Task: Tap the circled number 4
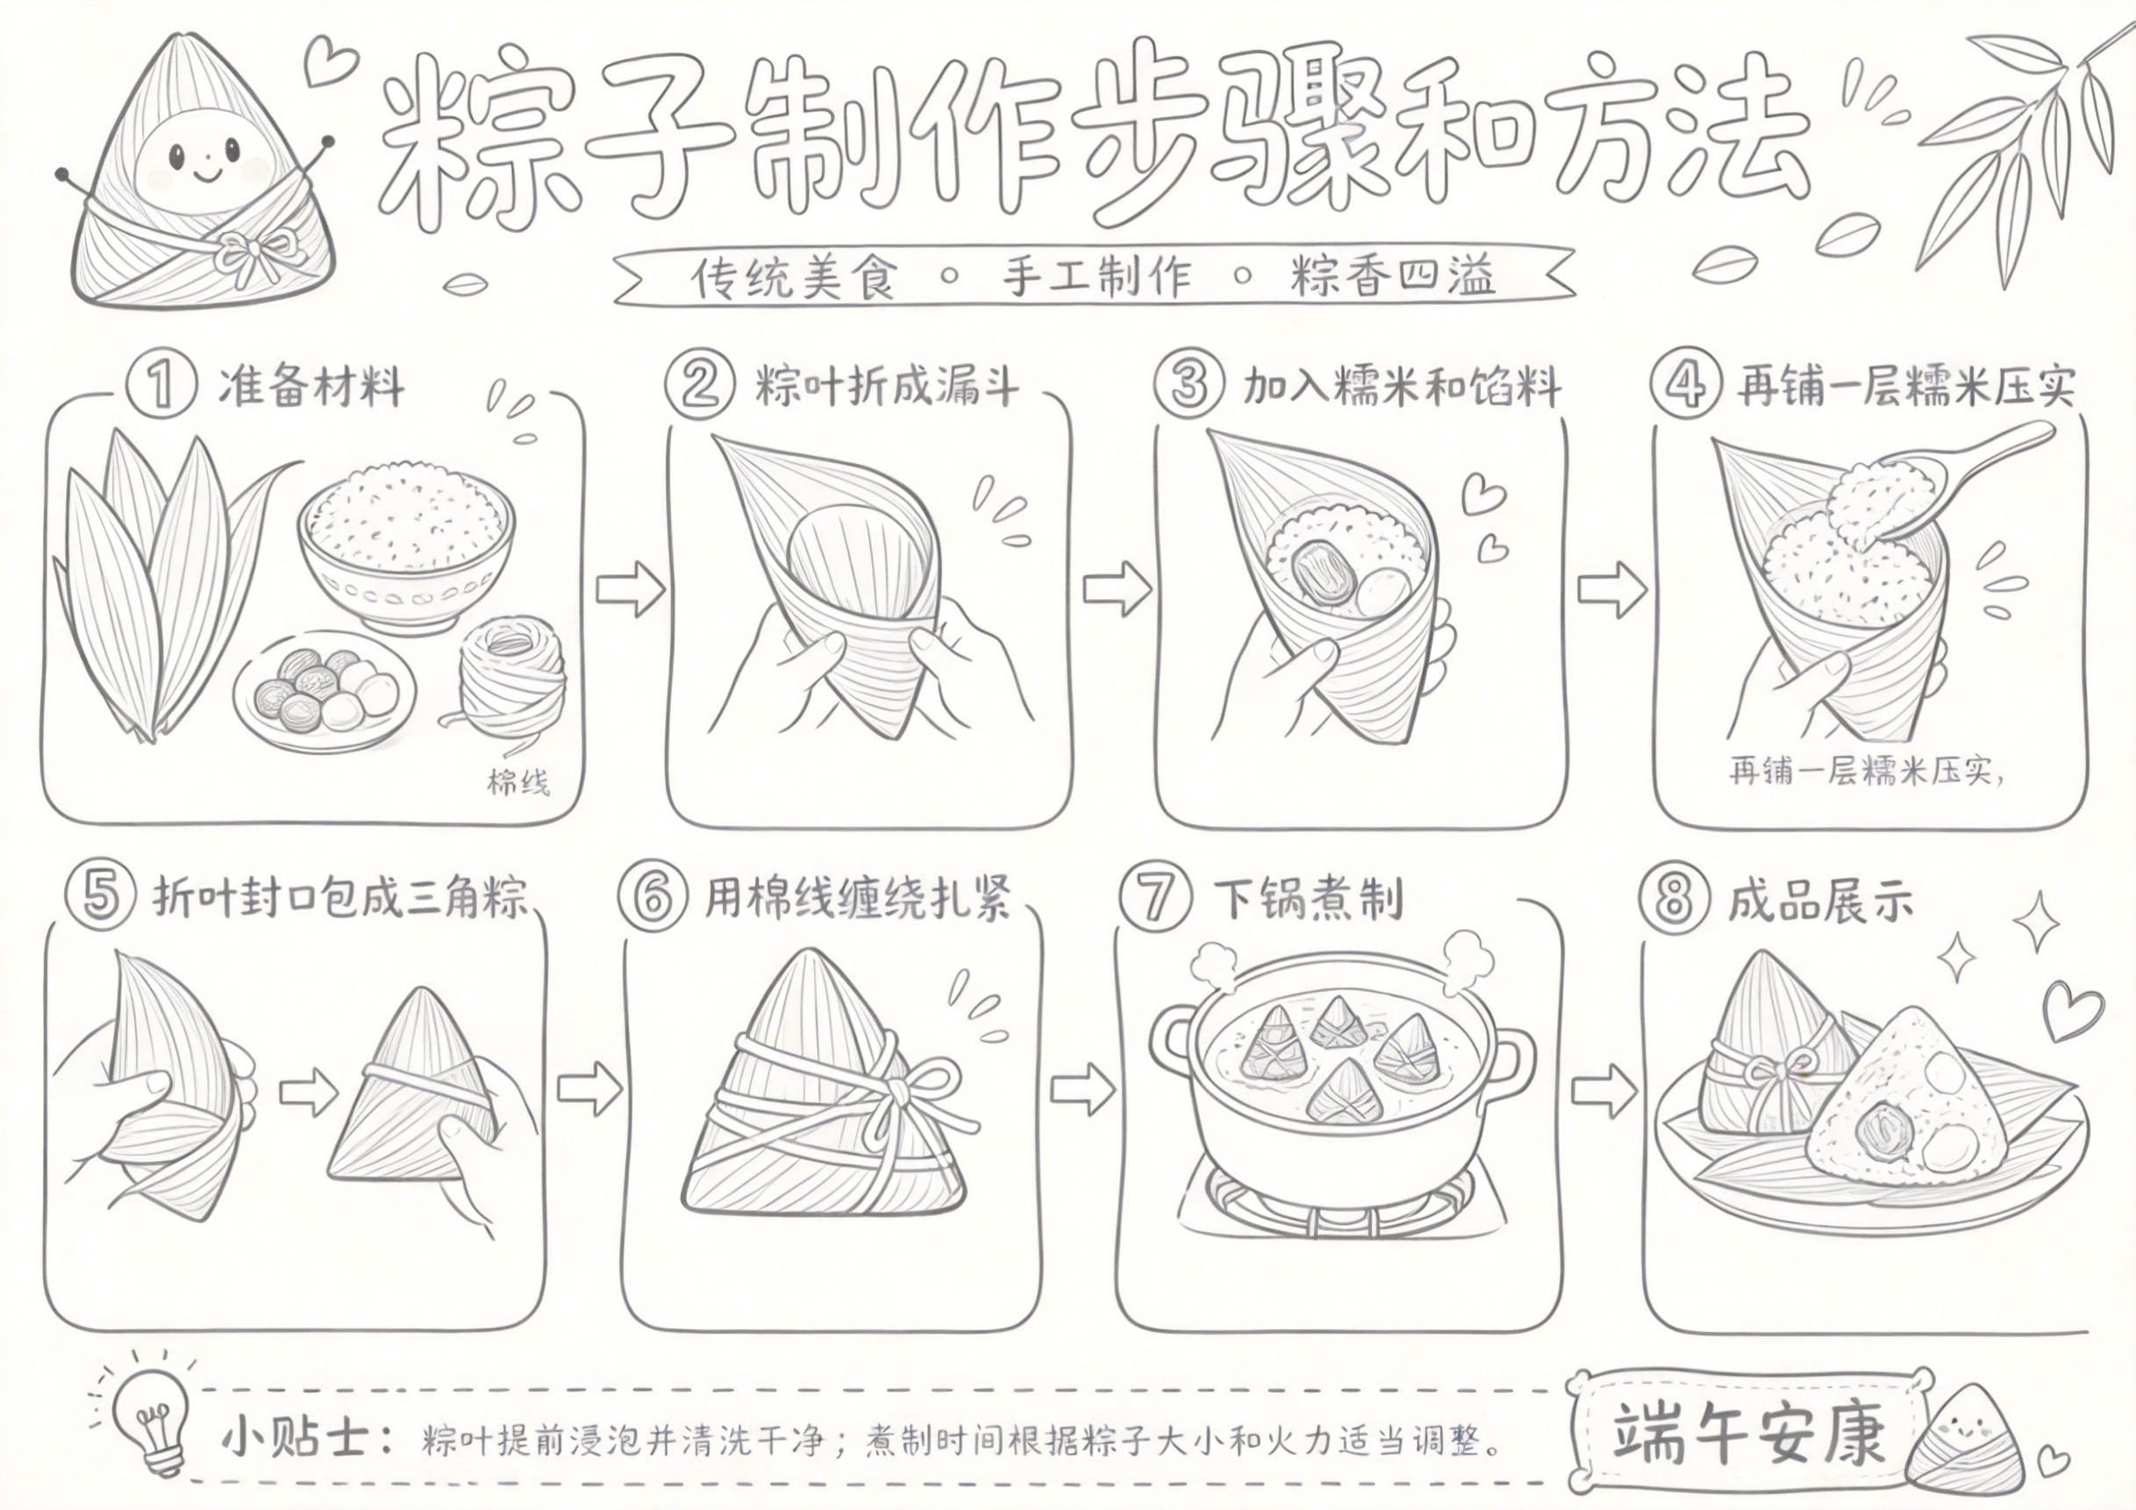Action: [1684, 385]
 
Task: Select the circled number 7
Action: [1154, 898]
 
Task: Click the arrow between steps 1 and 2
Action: [631, 589]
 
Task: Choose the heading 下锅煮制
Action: [1308, 899]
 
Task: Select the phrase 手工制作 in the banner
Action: [1096, 276]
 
